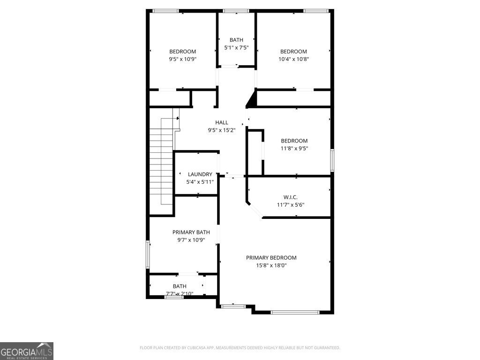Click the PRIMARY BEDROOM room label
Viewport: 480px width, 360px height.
[x=271, y=257]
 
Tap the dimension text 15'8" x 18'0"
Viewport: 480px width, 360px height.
[x=271, y=265]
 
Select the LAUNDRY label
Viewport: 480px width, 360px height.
[x=200, y=174]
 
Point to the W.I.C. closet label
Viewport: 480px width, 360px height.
[x=291, y=197]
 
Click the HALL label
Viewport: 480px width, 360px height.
[x=222, y=122]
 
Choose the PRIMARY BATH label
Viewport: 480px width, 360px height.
[x=191, y=232]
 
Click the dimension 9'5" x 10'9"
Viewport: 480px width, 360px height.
[x=182, y=59]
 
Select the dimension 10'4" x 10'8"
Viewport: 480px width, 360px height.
[x=293, y=59]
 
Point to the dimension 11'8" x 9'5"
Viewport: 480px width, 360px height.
[x=294, y=148]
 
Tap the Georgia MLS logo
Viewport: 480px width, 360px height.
[x=27, y=351]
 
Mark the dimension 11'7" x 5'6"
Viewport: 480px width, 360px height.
[x=291, y=204]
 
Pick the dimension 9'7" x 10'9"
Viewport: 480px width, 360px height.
[x=191, y=240]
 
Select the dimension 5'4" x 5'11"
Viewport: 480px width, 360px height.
[x=200, y=181]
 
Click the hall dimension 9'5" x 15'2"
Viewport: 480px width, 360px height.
[x=222, y=130]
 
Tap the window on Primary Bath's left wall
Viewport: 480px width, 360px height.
[x=148, y=254]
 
